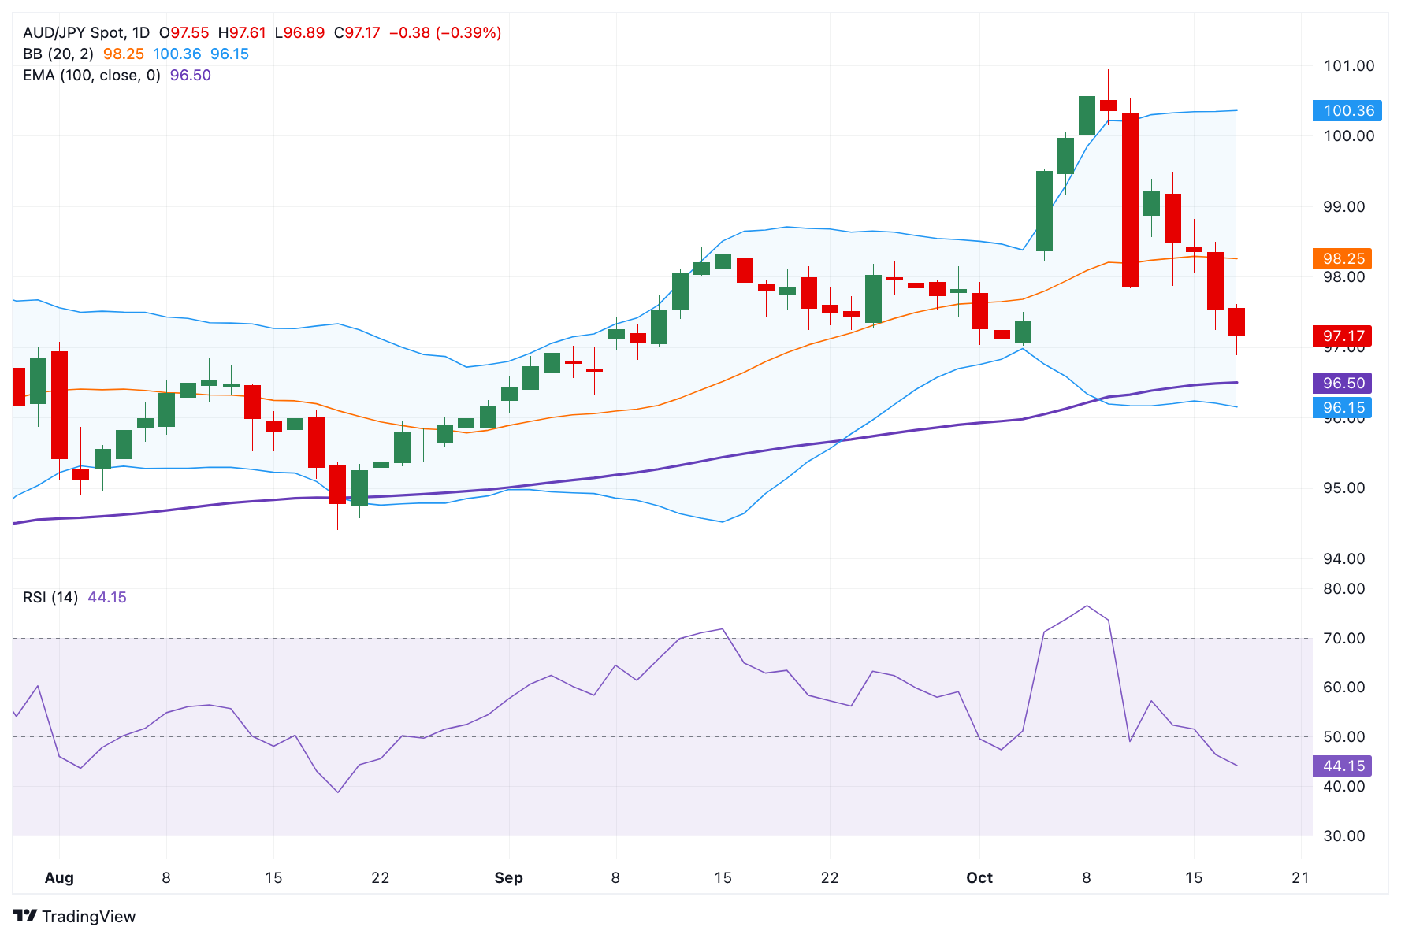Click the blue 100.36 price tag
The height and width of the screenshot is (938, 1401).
[x=1347, y=111]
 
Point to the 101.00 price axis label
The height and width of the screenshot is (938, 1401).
[x=1348, y=66]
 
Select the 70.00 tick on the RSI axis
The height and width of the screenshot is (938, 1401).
[x=1343, y=639]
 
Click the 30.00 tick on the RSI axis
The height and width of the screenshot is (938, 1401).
[x=1343, y=836]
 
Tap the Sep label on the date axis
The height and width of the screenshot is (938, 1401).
[x=508, y=878]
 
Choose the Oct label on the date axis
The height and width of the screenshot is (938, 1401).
[x=979, y=878]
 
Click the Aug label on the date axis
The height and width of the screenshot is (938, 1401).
[x=59, y=878]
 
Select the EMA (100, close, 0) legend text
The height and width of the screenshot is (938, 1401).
[x=91, y=76]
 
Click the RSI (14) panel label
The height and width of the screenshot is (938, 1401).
[x=50, y=598]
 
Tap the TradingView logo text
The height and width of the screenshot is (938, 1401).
[x=88, y=917]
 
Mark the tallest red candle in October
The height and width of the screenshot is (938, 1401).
[x=1130, y=200]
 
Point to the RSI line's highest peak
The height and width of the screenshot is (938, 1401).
[x=1087, y=606]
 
